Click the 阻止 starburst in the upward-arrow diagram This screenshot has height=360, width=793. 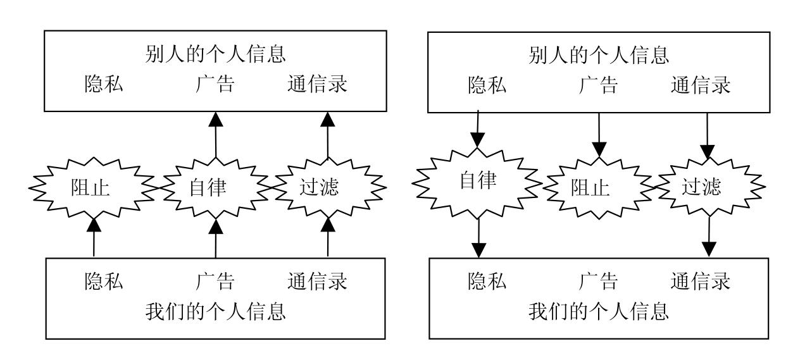(x=93, y=187)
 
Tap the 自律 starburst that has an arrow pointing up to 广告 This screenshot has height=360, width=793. (x=216, y=187)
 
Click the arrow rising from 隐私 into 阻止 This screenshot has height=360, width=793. (x=93, y=237)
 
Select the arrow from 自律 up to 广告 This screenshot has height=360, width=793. (x=216, y=135)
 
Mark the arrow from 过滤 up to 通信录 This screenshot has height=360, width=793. (x=327, y=135)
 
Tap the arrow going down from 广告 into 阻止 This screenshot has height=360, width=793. (x=598, y=133)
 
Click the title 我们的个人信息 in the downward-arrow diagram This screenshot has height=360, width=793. (x=598, y=311)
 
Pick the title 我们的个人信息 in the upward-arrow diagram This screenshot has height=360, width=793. (x=216, y=311)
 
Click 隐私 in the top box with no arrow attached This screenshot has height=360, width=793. (x=104, y=85)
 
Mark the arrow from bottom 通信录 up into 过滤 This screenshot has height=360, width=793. (x=327, y=237)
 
